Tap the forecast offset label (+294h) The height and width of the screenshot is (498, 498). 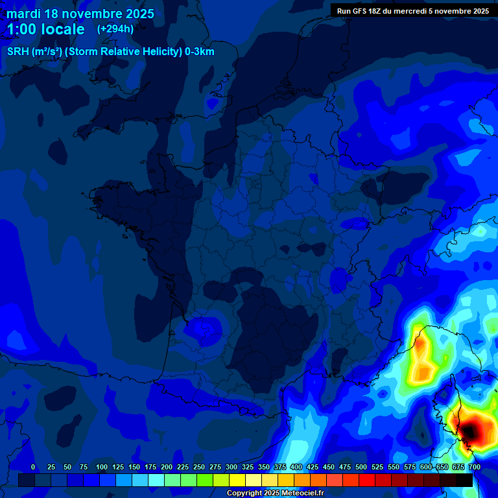tap(115, 29)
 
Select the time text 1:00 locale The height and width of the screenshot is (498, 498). tap(46, 29)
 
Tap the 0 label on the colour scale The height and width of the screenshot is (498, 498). tap(33, 468)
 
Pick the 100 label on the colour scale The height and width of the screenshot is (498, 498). tap(101, 468)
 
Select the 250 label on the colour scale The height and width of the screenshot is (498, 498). tap(199, 468)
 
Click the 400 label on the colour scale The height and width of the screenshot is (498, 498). tap(296, 468)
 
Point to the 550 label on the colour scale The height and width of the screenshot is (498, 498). tap(394, 468)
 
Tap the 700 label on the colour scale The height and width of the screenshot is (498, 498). tap(475, 468)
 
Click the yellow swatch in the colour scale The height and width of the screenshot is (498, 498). tap(237, 480)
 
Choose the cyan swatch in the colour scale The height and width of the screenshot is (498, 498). tap(156, 480)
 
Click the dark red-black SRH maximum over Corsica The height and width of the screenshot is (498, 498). tap(471, 429)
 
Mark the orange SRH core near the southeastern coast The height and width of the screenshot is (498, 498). tap(423, 372)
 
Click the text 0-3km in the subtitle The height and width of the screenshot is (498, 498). tap(200, 52)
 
